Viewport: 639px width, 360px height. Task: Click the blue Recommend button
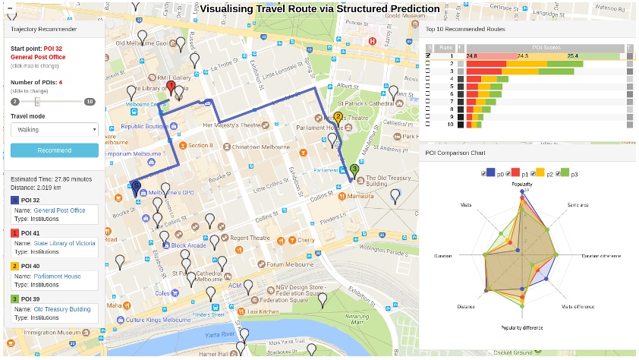pos(55,150)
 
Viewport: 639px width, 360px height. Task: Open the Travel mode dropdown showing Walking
pos(55,130)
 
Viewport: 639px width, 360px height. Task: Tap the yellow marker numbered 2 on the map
pos(338,118)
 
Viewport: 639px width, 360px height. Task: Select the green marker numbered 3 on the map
pos(354,169)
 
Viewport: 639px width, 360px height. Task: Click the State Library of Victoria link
pos(65,244)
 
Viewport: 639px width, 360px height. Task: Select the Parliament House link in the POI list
pos(57,276)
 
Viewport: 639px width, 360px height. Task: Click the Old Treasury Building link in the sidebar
pos(62,309)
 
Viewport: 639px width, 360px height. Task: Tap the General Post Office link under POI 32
pos(59,210)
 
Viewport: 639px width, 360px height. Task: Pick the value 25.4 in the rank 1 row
pos(572,56)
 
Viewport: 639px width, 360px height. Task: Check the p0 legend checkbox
pos(483,174)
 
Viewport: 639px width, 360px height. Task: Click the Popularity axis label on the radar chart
pos(521,185)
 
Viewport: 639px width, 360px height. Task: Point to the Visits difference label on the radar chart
pos(578,306)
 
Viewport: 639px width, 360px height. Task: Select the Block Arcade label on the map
pos(188,245)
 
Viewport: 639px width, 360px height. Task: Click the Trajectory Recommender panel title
pos(43,29)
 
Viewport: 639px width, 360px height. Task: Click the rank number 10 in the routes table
pos(450,124)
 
